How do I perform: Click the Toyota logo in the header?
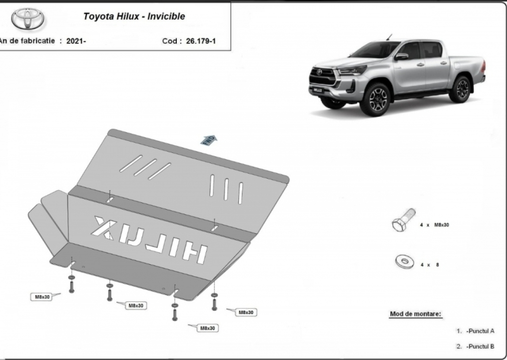(x=27, y=18)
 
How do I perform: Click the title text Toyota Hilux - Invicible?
(x=134, y=16)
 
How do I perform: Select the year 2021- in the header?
(x=76, y=41)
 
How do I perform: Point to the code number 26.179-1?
(x=201, y=41)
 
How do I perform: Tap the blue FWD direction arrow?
(x=209, y=140)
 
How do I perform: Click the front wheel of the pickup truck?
(x=375, y=99)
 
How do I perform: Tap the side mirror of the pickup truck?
(x=401, y=56)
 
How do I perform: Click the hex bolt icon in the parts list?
(x=404, y=220)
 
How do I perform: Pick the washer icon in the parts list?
(x=405, y=262)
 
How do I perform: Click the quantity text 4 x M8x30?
(x=434, y=225)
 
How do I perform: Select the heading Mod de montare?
(x=416, y=314)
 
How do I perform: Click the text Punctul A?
(x=480, y=331)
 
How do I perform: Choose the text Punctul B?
(x=480, y=347)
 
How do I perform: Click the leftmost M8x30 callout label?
(x=42, y=297)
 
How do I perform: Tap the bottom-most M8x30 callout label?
(x=207, y=329)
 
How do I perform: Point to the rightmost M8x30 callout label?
(x=246, y=313)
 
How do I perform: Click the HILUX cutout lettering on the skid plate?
(x=149, y=239)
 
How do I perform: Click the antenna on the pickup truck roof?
(x=389, y=37)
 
